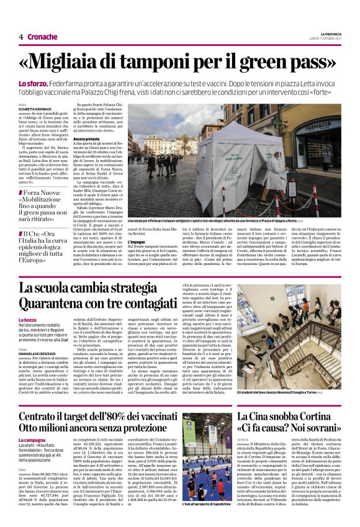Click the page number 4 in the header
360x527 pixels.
click(21, 37)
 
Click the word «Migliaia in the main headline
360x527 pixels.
click(74, 63)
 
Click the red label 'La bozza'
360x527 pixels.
click(29, 319)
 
